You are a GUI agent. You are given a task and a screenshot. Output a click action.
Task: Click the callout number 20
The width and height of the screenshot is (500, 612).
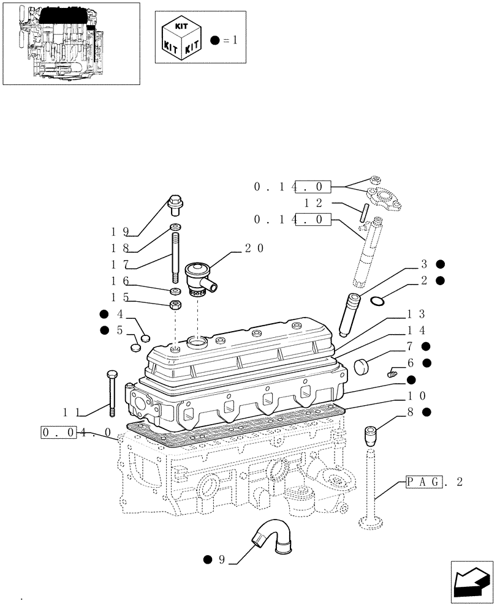[254, 248]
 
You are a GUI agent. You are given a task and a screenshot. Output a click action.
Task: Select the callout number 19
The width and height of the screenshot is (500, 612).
[119, 231]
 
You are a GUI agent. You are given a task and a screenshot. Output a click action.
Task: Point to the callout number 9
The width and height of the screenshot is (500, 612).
[222, 559]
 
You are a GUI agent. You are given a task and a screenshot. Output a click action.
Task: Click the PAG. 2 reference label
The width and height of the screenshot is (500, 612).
[434, 482]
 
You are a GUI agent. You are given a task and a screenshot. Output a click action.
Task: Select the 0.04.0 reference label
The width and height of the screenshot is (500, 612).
[75, 433]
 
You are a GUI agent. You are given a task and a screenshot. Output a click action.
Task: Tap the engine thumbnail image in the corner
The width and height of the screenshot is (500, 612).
[70, 44]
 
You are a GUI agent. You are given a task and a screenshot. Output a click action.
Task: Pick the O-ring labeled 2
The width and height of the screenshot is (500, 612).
[378, 300]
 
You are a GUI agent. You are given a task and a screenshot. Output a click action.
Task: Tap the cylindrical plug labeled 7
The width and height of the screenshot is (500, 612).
[364, 365]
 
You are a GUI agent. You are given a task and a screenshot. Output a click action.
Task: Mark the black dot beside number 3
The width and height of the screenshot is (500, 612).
[440, 264]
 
